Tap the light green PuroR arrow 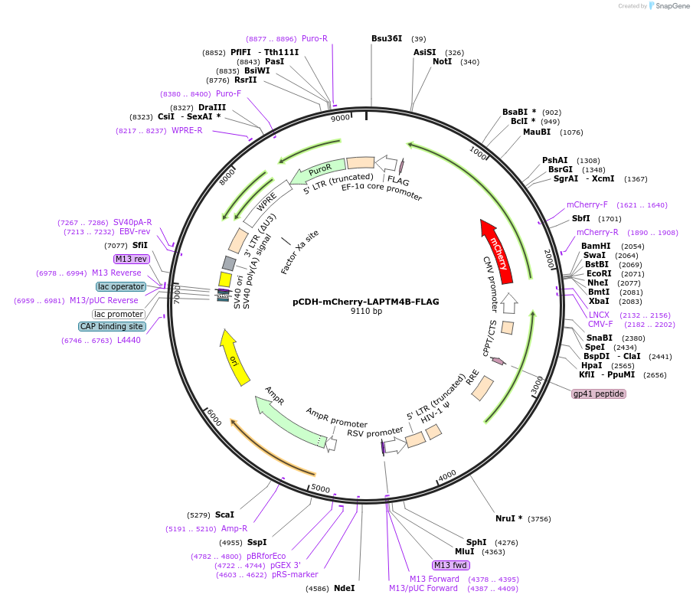pyautogui.click(x=317, y=171)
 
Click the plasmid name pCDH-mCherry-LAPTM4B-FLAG pyautogui.click(x=366, y=302)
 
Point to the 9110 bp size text pyautogui.click(x=366, y=311)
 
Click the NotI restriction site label pyautogui.click(x=442, y=62)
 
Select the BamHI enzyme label pyautogui.click(x=596, y=247)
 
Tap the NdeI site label pyautogui.click(x=345, y=588)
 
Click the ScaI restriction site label pyautogui.click(x=224, y=514)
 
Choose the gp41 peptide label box pyautogui.click(x=598, y=394)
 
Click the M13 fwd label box pyautogui.click(x=450, y=565)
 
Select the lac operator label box pyautogui.click(x=121, y=287)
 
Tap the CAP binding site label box pyautogui.click(x=111, y=327)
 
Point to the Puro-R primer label pyautogui.click(x=315, y=39)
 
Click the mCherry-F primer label pyautogui.click(x=587, y=205)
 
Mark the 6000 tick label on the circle pyautogui.click(x=214, y=417)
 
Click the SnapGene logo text pyautogui.click(x=672, y=6)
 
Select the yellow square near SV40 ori pyautogui.click(x=225, y=279)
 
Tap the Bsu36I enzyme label pyautogui.click(x=387, y=39)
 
